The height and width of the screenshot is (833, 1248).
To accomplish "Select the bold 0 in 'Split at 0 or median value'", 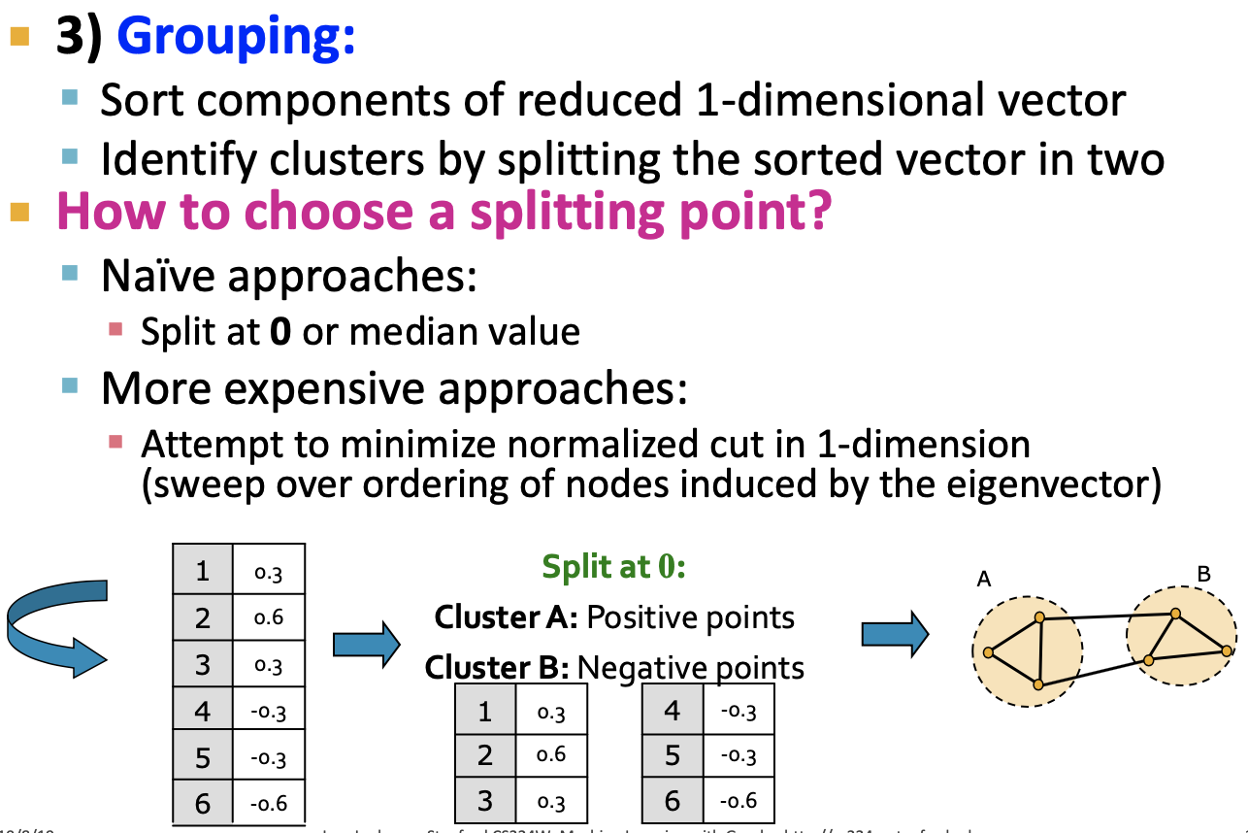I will click(x=280, y=332).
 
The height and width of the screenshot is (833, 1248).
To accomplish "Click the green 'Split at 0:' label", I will click(x=613, y=566).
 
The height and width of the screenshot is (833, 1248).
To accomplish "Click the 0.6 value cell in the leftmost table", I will click(x=269, y=617).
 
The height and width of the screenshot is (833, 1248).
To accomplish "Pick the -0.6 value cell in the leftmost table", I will click(x=269, y=804).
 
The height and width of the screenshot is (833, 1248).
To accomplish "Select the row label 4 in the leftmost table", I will click(x=203, y=711).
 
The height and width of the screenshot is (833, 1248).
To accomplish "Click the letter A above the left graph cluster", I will click(x=984, y=580).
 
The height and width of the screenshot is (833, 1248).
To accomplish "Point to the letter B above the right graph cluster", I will click(x=1203, y=574).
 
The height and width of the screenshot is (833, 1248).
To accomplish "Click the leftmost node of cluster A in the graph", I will click(x=988, y=652).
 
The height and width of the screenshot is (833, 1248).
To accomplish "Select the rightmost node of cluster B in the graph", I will click(x=1227, y=650).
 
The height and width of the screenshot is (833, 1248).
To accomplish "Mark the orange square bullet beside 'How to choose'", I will click(x=20, y=210).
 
